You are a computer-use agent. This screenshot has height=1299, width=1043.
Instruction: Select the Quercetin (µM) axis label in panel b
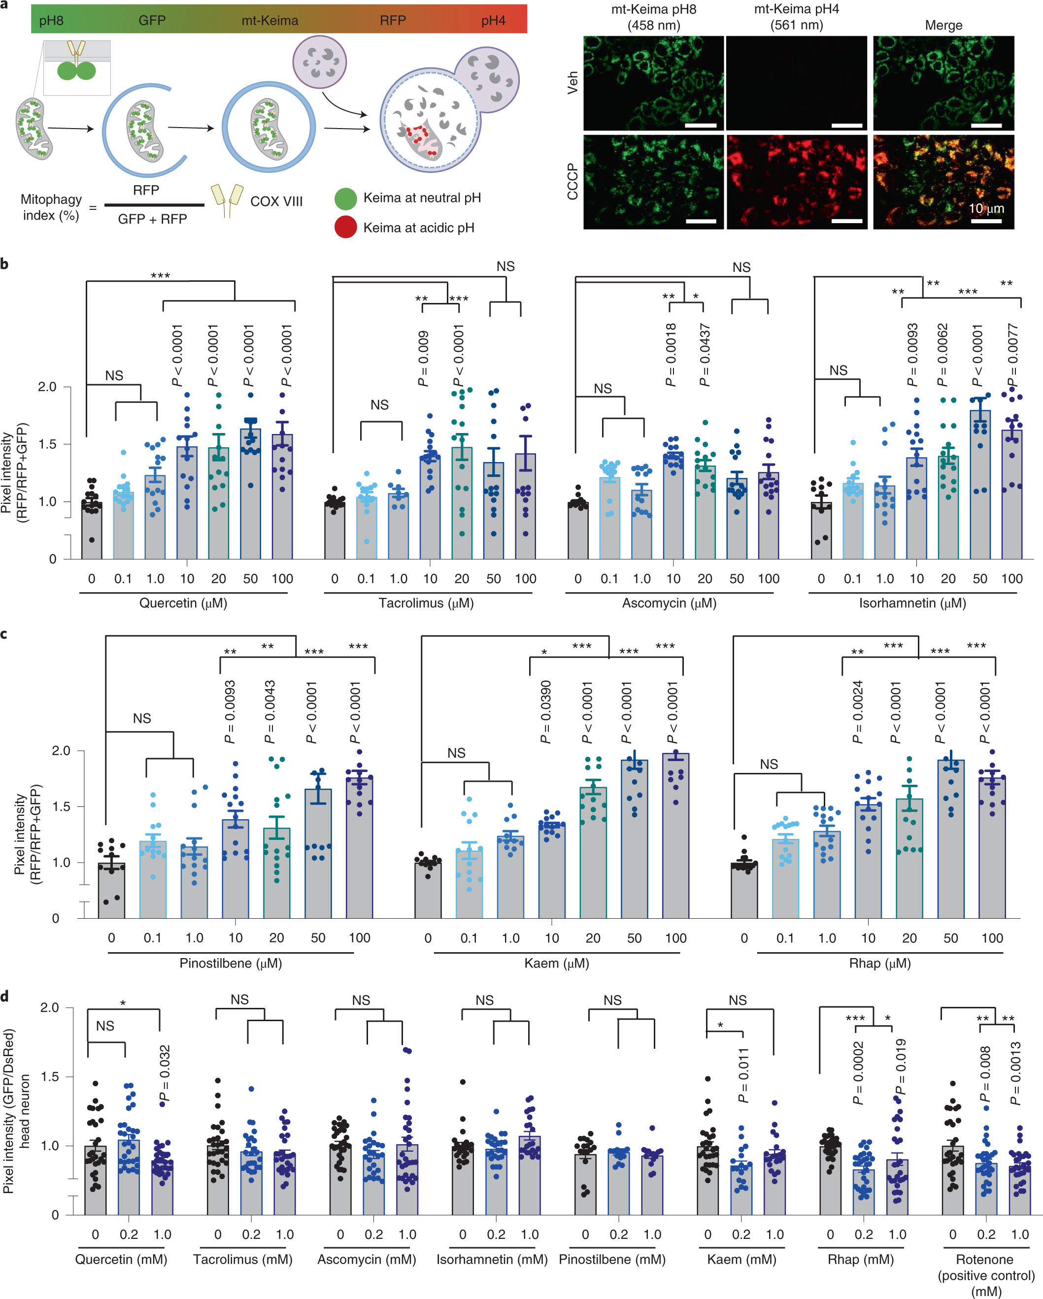click(183, 603)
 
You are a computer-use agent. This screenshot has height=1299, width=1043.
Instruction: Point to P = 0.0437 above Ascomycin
click(705, 356)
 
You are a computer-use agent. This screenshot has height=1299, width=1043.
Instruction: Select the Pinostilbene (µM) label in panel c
click(231, 963)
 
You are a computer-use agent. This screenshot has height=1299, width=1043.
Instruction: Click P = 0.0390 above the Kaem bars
click(546, 712)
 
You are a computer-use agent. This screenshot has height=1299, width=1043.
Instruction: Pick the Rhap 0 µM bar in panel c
click(744, 891)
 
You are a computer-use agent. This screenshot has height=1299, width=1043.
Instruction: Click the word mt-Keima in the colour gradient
click(269, 21)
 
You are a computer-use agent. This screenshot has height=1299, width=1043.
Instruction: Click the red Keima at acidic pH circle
click(345, 227)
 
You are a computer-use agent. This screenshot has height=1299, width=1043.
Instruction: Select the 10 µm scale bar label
click(986, 209)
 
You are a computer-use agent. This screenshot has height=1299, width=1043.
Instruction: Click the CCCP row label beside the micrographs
click(572, 181)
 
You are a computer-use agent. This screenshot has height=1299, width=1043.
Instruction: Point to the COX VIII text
click(276, 201)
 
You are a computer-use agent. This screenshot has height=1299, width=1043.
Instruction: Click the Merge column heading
click(943, 25)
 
